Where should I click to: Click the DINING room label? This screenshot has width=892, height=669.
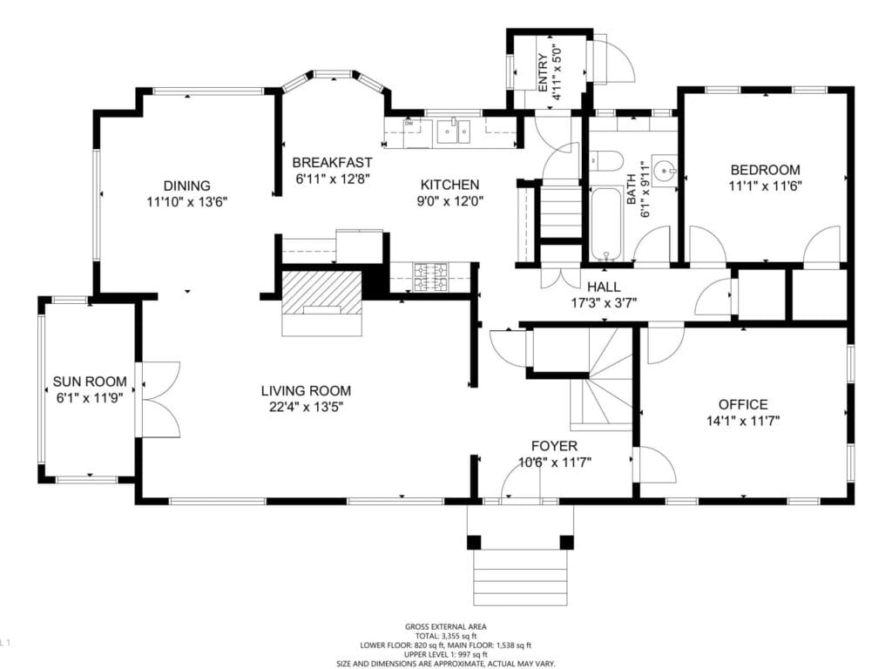pos(187,186)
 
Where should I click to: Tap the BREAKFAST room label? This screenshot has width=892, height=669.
pos(332,163)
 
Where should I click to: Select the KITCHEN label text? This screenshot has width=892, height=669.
pos(449,185)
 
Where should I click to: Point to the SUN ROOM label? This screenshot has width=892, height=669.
pos(90,382)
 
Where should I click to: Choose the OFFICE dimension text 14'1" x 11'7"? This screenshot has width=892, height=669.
pos(742,420)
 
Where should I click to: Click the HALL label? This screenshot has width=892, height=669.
pos(604,287)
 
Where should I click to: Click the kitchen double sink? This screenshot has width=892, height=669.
pos(454,132)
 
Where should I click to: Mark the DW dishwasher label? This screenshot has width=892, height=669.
pos(409,123)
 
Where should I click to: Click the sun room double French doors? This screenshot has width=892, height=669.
pos(158,398)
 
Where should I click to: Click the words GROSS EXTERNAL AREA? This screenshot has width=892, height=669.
pos(445,626)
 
